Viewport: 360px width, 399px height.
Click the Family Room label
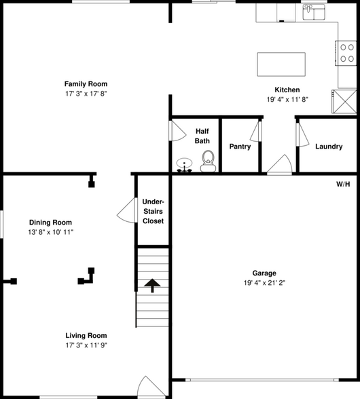point(86,84)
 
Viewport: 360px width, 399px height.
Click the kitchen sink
point(314,10)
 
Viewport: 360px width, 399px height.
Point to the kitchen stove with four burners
point(347,54)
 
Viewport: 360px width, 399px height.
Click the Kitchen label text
point(286,90)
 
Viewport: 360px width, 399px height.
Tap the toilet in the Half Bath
point(209,160)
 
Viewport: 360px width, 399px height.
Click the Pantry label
point(240,147)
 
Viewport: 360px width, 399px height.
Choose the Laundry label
point(327,147)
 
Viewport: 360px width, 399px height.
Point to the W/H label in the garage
point(343,185)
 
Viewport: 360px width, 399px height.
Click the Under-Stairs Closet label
point(153,211)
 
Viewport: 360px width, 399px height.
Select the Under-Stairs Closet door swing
point(126,210)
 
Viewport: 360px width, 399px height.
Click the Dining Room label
point(50,223)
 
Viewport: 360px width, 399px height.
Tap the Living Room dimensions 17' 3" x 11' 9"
point(86,345)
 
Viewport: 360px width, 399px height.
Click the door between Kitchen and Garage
point(280,164)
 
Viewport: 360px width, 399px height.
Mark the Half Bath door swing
point(177,131)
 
